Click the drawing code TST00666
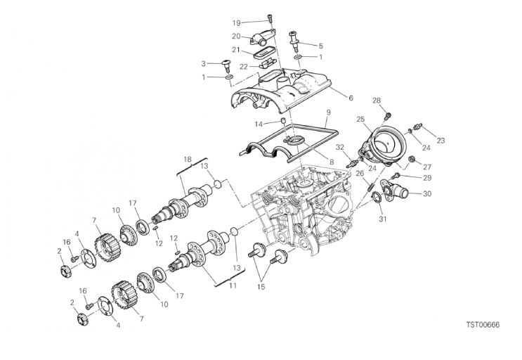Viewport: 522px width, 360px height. (483, 325)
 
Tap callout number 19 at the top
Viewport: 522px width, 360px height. (236, 23)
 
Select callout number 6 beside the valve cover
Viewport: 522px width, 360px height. (351, 98)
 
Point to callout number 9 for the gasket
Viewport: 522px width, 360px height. (328, 112)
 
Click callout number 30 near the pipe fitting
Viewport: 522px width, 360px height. (427, 193)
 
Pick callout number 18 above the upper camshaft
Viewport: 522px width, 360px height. (188, 159)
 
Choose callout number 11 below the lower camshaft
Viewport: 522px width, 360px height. (233, 285)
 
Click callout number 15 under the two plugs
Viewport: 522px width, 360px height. (261, 287)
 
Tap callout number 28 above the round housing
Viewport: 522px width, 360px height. (377, 101)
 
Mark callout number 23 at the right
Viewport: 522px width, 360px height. (441, 141)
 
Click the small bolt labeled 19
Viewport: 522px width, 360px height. (269, 18)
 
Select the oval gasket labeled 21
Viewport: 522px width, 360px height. (266, 52)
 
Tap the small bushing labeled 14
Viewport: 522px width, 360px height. (283, 120)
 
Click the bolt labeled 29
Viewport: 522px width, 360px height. (396, 175)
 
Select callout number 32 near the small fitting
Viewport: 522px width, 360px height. (339, 147)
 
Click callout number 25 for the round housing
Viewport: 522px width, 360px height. (360, 119)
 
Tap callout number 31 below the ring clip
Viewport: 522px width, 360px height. (383, 219)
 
